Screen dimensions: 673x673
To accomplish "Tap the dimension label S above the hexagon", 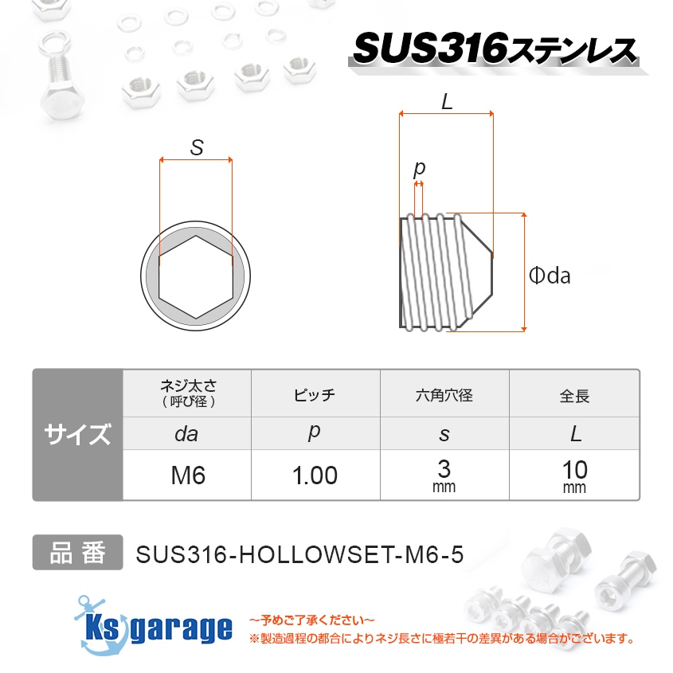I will tap(196, 147).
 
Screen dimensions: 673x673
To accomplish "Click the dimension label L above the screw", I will tap(446, 101).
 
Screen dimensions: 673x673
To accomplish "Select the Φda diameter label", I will tap(550, 276).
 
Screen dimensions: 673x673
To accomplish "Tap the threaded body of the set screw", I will tap(434, 272).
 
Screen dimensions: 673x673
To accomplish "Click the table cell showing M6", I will tap(188, 476).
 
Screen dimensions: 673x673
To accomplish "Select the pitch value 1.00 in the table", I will tap(315, 476).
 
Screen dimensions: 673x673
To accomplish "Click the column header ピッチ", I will tap(315, 394).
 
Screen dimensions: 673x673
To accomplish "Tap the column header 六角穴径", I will tap(444, 394).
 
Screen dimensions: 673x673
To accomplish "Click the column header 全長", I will tap(574, 394).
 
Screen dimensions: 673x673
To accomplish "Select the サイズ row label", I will tap(77, 435).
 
